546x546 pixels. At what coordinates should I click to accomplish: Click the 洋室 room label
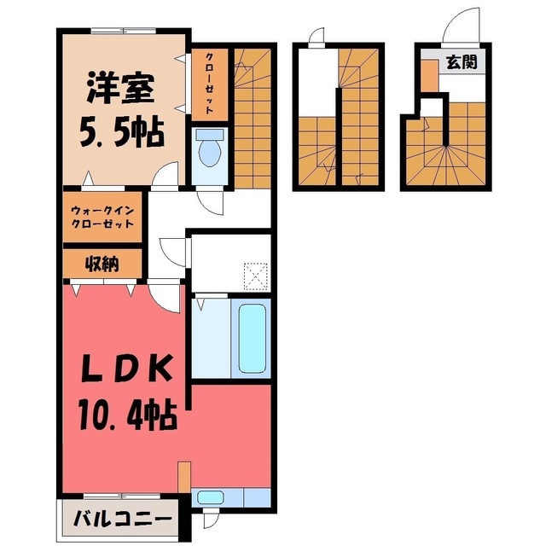pyautogui.click(x=120, y=87)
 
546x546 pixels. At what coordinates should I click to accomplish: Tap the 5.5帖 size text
pyautogui.click(x=121, y=132)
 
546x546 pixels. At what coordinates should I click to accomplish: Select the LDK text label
pyautogui.click(x=127, y=369)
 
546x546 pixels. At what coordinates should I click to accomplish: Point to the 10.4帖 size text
pyautogui.click(x=127, y=415)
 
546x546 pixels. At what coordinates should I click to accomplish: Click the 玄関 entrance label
pyautogui.click(x=462, y=62)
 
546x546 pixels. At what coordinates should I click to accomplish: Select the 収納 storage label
pyautogui.click(x=102, y=264)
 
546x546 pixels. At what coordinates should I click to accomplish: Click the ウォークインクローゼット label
pyautogui.click(x=102, y=217)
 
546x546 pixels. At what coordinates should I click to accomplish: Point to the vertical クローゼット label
pyautogui.click(x=209, y=84)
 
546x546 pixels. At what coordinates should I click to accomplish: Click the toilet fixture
pyautogui.click(x=210, y=148)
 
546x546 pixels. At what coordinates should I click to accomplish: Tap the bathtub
pyautogui.click(x=253, y=339)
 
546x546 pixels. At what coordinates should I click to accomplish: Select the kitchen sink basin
pyautogui.click(x=211, y=497)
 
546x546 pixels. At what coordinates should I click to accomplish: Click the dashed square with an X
pyautogui.click(x=256, y=276)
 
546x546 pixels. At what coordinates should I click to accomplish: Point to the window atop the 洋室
pyautogui.click(x=124, y=31)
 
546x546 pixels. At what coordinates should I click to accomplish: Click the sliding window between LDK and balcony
pyautogui.click(x=122, y=497)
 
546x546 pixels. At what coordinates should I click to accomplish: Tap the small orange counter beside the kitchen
pyautogui.click(x=184, y=477)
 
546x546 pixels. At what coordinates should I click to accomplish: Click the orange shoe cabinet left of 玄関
pyautogui.click(x=429, y=76)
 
